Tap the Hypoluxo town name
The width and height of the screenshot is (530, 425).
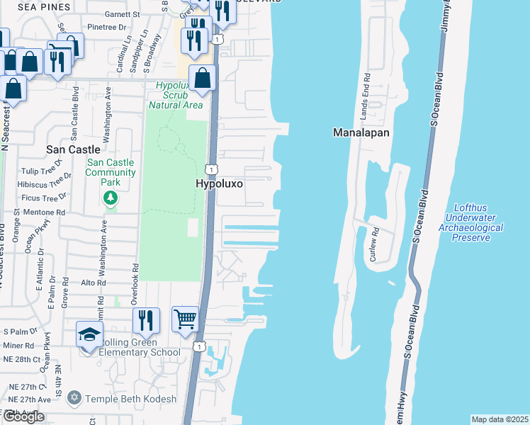[x=220, y=183]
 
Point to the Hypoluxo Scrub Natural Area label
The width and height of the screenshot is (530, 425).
[x=176, y=95]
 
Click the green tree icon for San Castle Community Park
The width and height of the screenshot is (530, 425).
[x=110, y=199]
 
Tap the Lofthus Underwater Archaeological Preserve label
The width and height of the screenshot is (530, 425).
[x=470, y=222]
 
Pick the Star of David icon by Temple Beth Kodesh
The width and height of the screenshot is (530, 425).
[x=74, y=399]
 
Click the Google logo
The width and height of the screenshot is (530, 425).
[x=23, y=416]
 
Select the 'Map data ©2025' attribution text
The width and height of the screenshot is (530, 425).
[x=499, y=419]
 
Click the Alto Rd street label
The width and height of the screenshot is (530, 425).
[x=94, y=282]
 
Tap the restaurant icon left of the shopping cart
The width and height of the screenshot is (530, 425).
[x=146, y=320]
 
